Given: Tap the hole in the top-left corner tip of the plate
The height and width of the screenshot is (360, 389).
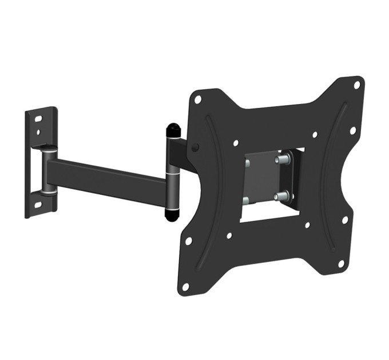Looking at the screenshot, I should [197, 99].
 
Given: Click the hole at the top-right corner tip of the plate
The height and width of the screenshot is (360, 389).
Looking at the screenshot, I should [356, 85].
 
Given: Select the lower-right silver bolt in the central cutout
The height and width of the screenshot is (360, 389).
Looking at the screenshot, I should [280, 197].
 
